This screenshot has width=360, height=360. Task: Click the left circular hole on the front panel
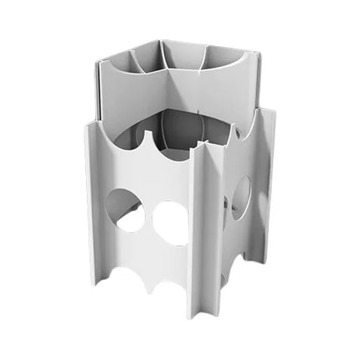[x=124, y=209]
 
